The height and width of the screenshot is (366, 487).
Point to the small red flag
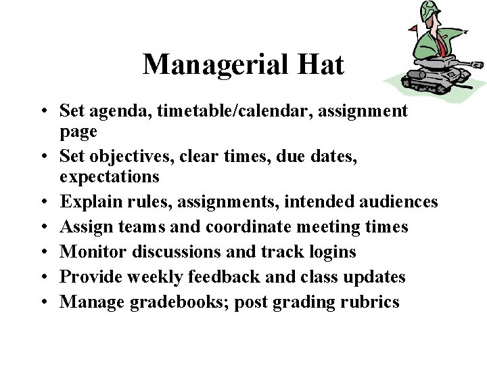pyautogui.click(x=413, y=28)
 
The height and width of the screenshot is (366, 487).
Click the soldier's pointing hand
pyautogui.click(x=463, y=31)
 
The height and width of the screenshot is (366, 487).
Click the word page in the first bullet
pyautogui.click(x=78, y=131)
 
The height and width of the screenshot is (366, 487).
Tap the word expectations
pyautogui.click(x=110, y=177)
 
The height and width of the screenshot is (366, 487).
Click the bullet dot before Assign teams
pyautogui.click(x=42, y=227)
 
